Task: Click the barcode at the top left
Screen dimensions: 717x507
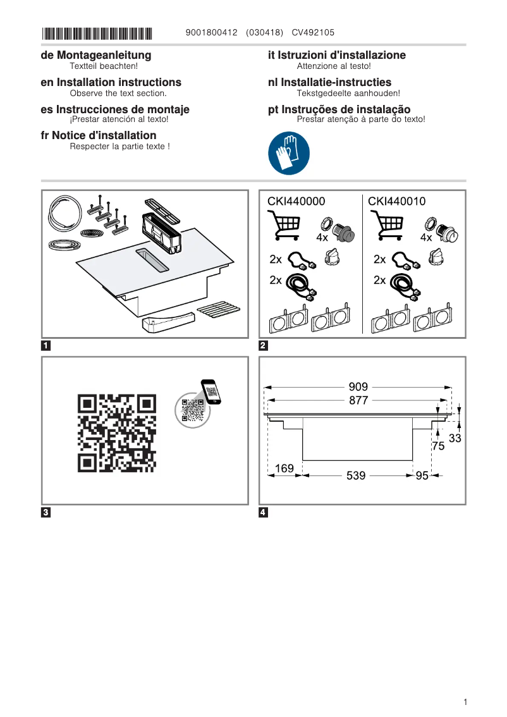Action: [97, 33]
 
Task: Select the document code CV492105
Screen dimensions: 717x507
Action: [313, 33]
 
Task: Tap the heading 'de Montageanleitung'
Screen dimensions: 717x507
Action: [96, 56]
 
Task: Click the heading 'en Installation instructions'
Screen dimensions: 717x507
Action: [111, 82]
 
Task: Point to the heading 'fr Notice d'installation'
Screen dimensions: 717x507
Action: [99, 135]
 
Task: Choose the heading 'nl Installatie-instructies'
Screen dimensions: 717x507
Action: [329, 82]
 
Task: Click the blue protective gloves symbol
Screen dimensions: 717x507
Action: [289, 154]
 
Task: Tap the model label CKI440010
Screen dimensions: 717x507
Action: [397, 202]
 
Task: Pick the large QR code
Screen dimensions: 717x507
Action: [117, 433]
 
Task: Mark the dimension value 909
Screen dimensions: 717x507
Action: [358, 387]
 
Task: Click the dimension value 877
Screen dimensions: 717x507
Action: [358, 400]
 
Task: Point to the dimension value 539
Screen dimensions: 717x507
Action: [356, 475]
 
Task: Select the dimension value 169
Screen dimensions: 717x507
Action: [284, 469]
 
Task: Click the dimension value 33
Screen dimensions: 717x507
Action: [455, 438]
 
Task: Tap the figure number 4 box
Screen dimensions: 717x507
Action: [264, 512]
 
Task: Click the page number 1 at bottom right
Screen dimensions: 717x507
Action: [465, 702]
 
